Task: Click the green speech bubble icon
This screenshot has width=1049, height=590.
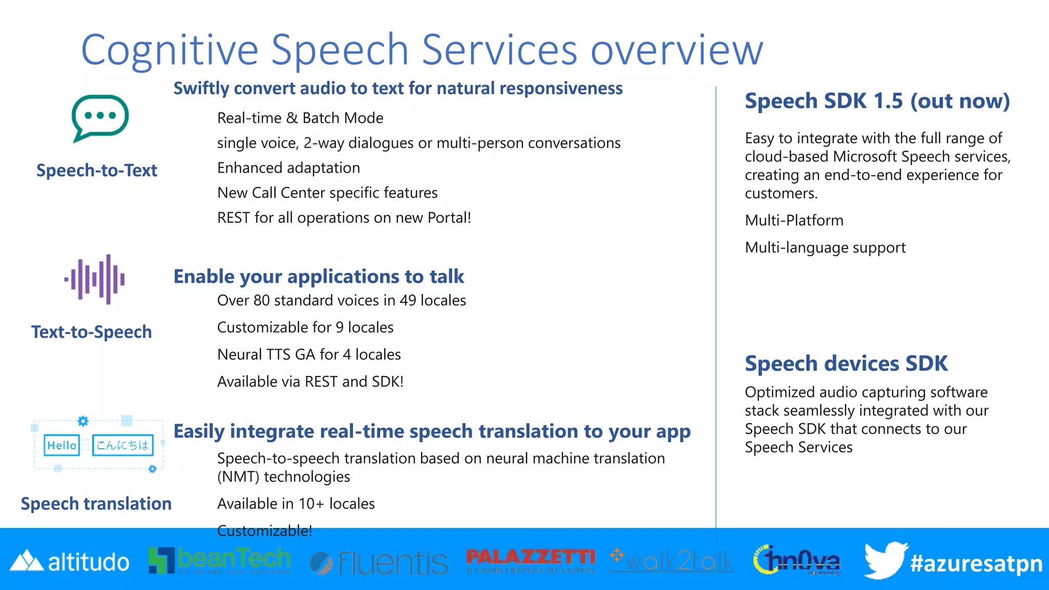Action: tap(100, 117)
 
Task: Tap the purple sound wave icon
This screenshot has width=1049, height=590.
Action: tap(95, 279)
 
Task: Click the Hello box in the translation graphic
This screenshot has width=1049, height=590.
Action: tap(61, 445)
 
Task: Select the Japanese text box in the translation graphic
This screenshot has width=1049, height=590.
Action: tap(122, 445)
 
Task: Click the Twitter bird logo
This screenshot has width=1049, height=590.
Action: tap(885, 560)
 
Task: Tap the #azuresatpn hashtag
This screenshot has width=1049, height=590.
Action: tap(976, 563)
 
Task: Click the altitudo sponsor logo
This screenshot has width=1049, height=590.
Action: tap(70, 562)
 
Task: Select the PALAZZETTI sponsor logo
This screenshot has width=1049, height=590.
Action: tap(531, 560)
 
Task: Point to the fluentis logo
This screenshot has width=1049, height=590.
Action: tap(379, 563)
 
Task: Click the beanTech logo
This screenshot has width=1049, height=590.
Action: tap(219, 560)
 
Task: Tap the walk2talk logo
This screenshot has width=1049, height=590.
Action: tap(672, 561)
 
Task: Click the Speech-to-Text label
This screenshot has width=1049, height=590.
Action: tap(96, 171)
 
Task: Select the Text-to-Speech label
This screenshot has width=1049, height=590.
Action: tap(91, 332)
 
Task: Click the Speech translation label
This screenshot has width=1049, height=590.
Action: tap(96, 504)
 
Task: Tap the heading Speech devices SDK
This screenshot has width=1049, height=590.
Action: tap(846, 364)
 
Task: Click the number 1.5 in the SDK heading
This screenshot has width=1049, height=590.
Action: tap(888, 101)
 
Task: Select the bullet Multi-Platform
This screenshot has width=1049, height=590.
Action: tap(794, 220)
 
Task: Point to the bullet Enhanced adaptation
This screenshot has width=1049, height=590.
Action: tap(288, 168)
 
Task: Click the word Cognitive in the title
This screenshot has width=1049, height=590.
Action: tap(169, 50)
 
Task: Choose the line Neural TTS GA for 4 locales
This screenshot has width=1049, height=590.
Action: tap(309, 354)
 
